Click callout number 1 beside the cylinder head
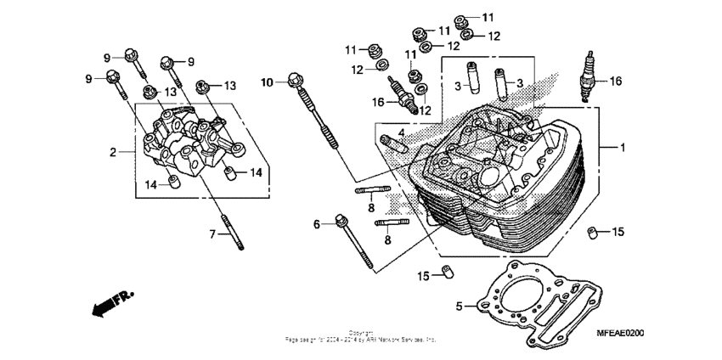[x=623, y=149]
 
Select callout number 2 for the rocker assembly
[x=111, y=153]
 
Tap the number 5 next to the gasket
[x=460, y=307]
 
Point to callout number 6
[x=317, y=224]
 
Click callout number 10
[x=267, y=82]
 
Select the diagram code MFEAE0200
[x=619, y=335]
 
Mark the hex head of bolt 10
[x=295, y=80]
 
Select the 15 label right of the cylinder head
[x=618, y=232]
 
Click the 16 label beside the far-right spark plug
[x=616, y=82]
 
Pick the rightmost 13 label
[x=230, y=86]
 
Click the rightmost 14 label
[x=255, y=172]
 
